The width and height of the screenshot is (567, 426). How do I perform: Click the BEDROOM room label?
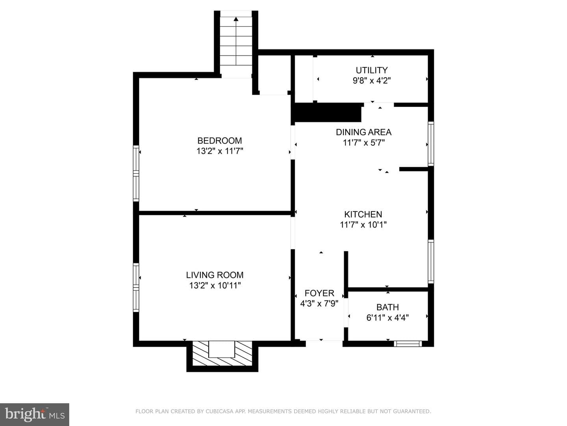point(220,141)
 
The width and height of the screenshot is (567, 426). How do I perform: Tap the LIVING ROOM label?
point(215,275)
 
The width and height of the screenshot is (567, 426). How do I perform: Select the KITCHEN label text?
point(363,215)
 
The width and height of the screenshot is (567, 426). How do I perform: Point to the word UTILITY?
point(372,70)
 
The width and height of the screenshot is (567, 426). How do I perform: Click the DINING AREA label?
point(363,132)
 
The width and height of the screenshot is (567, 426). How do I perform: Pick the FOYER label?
point(319,293)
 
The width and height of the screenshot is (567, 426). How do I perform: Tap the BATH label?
point(387,307)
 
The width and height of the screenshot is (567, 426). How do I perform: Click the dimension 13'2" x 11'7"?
point(220,151)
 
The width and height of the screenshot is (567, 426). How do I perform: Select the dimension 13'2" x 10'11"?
point(215,286)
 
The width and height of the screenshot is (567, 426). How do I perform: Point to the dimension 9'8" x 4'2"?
point(372,81)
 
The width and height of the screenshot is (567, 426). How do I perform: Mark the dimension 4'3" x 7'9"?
point(319,303)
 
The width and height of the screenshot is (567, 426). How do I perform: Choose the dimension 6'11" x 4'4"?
point(387,318)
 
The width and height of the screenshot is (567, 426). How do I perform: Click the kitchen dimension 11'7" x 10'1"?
point(363,225)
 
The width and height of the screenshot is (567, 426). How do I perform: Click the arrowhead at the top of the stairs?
point(236,19)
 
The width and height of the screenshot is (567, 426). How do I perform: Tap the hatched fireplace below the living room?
point(222,353)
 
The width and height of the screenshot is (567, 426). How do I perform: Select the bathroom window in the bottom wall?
point(408,344)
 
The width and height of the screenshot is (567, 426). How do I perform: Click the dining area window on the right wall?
point(431,144)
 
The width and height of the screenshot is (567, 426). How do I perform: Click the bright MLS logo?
point(35,414)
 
